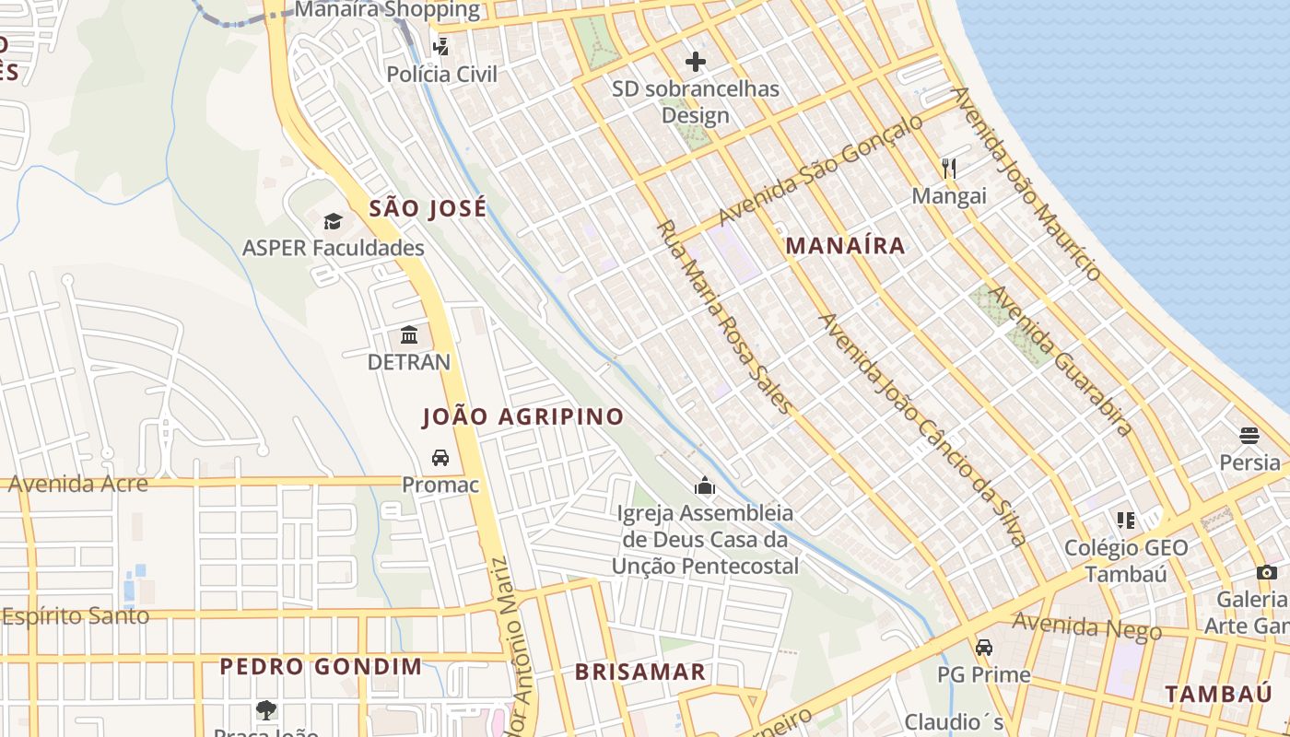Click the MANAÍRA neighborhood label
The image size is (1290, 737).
[845, 246]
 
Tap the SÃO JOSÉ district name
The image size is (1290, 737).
[428, 209]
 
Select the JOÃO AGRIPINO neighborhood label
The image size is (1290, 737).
[523, 417]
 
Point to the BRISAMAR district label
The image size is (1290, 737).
[640, 673]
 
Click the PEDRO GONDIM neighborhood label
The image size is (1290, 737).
[321, 667]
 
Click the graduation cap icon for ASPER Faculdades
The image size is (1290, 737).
[333, 221]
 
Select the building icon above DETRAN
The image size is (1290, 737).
[409, 334]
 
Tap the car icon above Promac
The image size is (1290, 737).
[440, 457]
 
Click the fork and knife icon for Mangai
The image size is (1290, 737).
[949, 168]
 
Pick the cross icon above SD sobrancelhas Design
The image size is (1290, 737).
[696, 62]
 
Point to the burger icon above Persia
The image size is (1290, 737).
[1249, 435]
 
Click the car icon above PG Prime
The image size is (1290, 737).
[984, 647]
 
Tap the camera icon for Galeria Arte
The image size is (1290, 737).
[1267, 572]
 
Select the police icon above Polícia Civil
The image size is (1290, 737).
[441, 46]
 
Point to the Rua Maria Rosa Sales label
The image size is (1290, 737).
[723, 317]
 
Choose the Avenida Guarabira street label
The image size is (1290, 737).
[1060, 359]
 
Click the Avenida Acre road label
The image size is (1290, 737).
[78, 484]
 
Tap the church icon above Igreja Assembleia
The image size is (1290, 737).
[705, 485]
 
